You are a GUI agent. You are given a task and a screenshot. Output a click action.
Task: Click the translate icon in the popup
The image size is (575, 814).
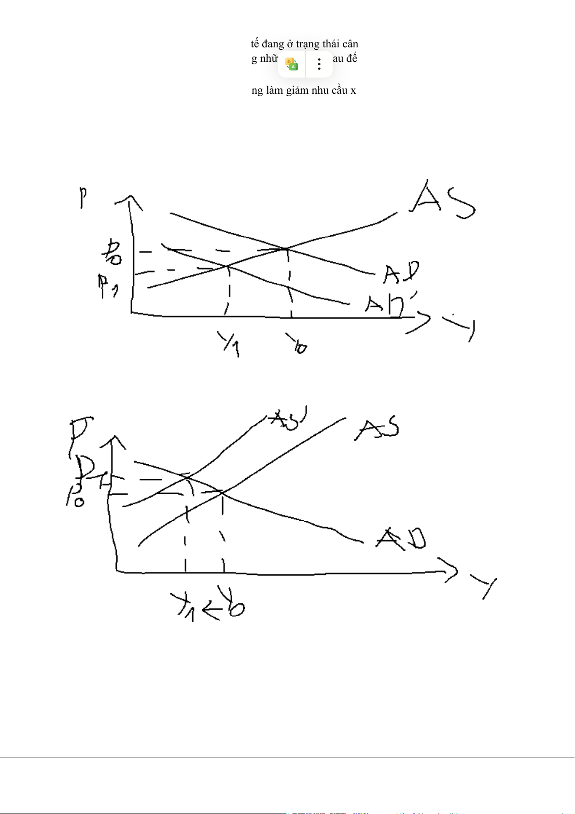(292, 64)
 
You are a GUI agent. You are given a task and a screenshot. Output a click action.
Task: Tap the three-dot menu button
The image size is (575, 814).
(319, 64)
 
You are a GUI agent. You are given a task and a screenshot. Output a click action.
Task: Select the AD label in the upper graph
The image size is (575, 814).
(401, 273)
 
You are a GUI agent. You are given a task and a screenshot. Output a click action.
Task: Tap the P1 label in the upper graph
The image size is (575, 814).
(108, 286)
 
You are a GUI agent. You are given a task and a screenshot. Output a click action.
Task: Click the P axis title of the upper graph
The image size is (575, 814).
(84, 198)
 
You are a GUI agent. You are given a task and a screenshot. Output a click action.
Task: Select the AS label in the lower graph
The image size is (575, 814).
(377, 428)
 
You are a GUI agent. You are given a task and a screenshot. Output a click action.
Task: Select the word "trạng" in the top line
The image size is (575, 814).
(308, 44)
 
